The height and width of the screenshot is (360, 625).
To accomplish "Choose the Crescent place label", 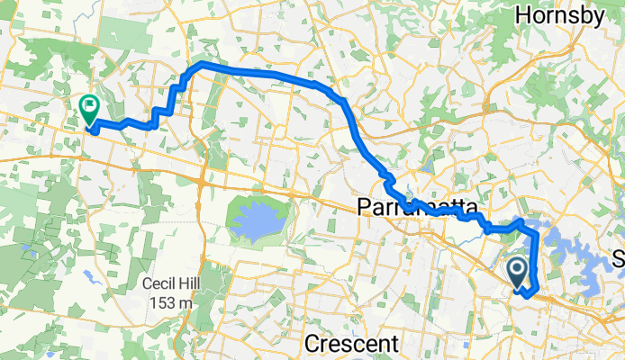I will pyautogui.click(x=351, y=345).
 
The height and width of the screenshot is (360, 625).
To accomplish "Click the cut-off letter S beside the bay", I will pyautogui.click(x=618, y=232).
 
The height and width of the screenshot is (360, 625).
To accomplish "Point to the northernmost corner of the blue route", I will pyautogui.click(x=199, y=65).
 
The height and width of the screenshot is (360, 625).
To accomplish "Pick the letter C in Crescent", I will pyautogui.click(x=312, y=345).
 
